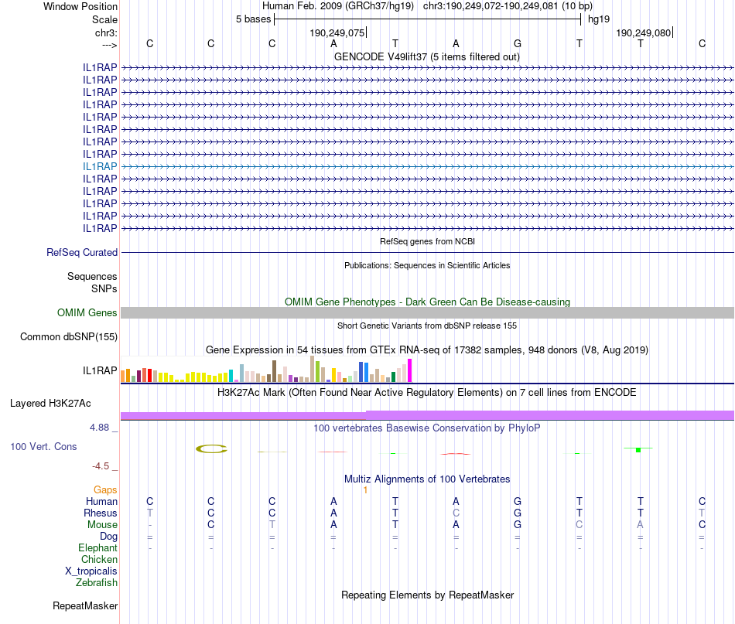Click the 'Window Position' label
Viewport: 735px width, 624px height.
pos(80,6)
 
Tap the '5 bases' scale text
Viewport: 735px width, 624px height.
pos(253,19)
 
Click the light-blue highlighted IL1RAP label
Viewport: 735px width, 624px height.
pos(101,166)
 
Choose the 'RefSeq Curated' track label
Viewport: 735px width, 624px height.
pos(82,252)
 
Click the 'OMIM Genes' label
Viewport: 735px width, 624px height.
pos(87,312)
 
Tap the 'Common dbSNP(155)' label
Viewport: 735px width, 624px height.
pos(69,336)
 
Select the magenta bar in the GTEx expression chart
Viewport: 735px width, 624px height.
pos(410,370)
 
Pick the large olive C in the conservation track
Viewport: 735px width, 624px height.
pos(211,448)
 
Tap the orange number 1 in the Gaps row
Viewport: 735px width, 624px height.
pos(364,489)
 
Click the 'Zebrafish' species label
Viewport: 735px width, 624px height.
pos(97,582)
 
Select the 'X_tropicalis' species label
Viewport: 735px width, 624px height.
pos(91,571)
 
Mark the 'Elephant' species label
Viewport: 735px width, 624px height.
pos(98,547)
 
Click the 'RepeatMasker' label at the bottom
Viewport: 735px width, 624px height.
pos(85,605)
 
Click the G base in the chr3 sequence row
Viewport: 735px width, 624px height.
pos(518,43)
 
